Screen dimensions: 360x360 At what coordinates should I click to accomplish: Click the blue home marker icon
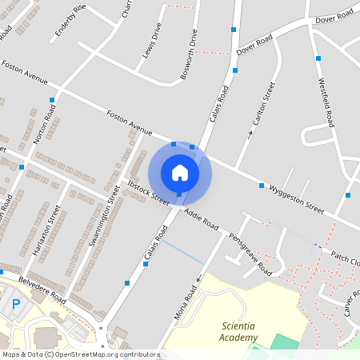[x=180, y=173]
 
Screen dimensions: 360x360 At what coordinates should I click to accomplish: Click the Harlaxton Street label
[x=46, y=232]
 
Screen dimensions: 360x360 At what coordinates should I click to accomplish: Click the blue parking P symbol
[x=16, y=303]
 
